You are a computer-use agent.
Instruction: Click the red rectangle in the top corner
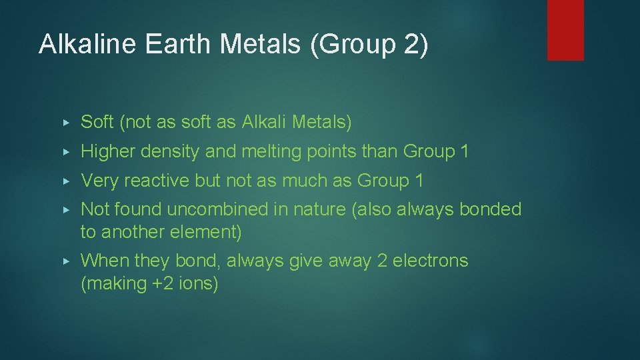565,30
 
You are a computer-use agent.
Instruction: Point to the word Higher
106,151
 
